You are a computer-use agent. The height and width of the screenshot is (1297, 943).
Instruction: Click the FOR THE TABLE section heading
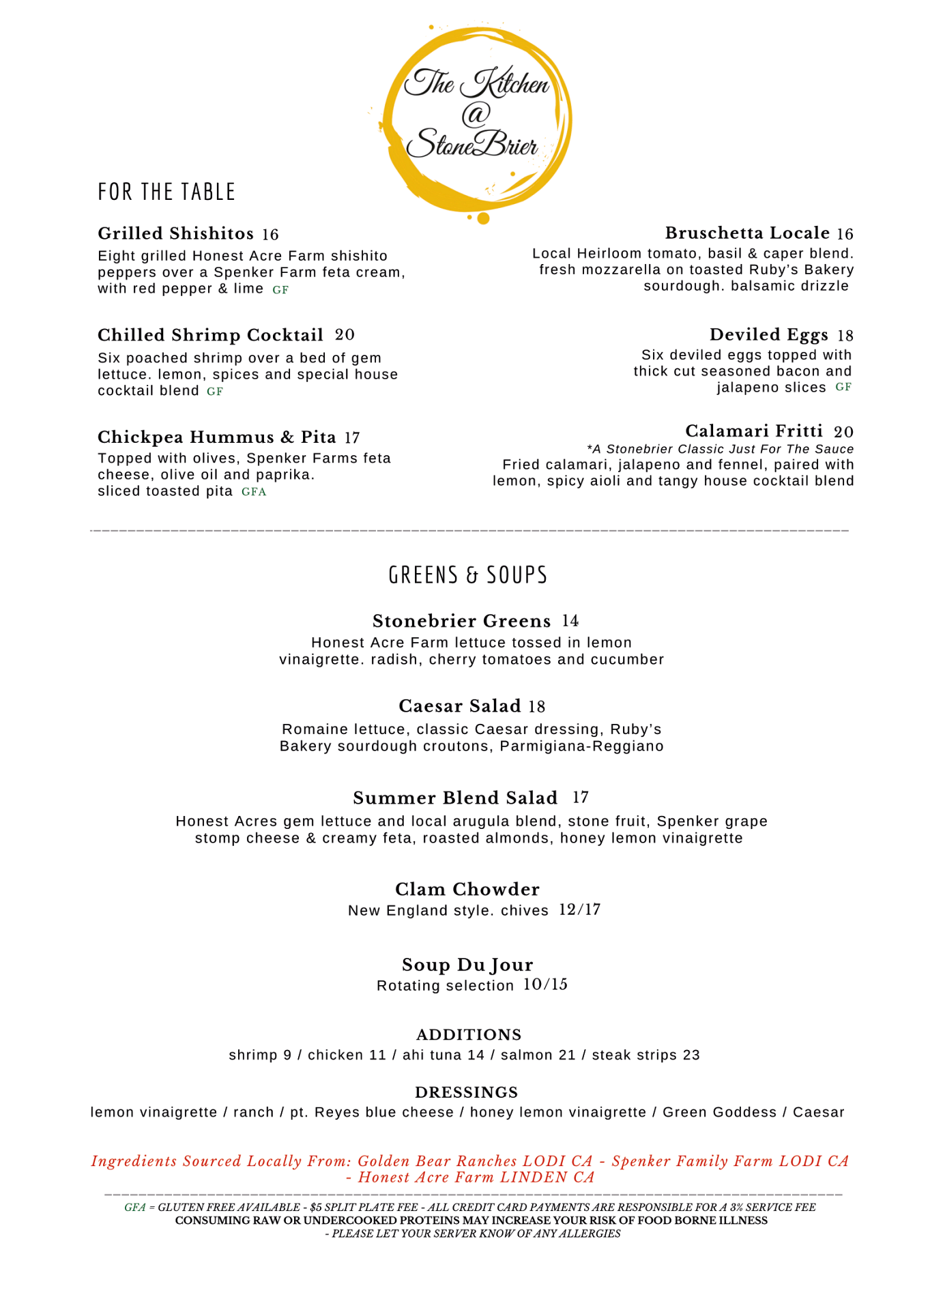click(166, 192)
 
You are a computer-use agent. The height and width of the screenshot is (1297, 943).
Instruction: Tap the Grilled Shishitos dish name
click(175, 233)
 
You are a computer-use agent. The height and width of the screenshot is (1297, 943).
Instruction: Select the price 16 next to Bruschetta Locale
click(845, 234)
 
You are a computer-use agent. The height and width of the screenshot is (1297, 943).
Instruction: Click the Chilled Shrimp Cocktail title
click(210, 335)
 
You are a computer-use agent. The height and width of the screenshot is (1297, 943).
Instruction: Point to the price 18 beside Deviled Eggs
click(845, 336)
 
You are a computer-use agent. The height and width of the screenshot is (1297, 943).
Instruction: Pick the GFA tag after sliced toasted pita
click(254, 492)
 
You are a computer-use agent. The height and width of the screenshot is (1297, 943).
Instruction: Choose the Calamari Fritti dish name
click(754, 431)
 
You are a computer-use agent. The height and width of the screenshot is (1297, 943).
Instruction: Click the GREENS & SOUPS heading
click(468, 575)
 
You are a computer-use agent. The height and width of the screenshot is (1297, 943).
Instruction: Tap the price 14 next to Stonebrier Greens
click(570, 621)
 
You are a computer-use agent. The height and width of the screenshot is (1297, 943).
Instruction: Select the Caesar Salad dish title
click(460, 705)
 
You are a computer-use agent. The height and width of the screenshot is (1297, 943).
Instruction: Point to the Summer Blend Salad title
click(455, 798)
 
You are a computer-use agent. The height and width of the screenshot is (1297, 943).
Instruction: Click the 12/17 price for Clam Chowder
click(579, 909)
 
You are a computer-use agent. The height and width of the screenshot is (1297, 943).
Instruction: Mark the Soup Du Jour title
click(467, 965)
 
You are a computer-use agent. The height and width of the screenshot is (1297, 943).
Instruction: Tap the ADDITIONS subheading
click(469, 1034)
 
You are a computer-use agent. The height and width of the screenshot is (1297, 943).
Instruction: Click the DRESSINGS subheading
click(467, 1092)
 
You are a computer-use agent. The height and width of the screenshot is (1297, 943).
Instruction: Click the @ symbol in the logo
click(476, 114)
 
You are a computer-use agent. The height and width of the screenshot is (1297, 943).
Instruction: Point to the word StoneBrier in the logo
click(472, 144)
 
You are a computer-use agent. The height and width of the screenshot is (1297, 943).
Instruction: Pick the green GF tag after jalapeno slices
click(843, 388)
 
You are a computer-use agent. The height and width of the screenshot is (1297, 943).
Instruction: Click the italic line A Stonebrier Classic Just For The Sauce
click(720, 449)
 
